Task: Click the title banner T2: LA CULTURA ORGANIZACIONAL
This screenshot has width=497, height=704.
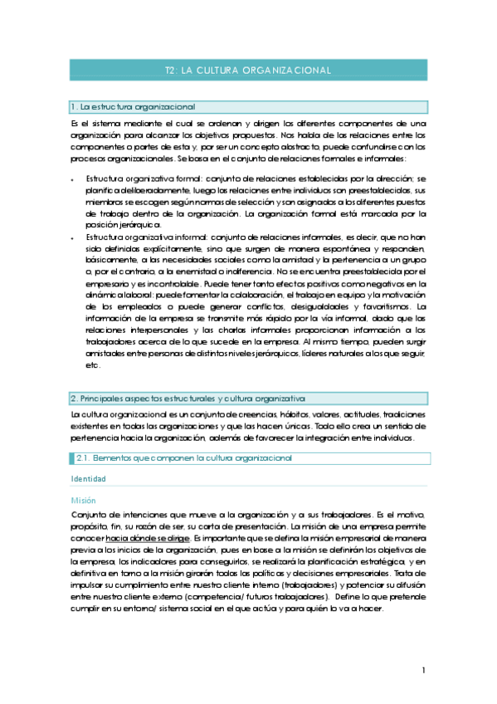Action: point(248,72)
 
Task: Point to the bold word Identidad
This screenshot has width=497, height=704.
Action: point(89,479)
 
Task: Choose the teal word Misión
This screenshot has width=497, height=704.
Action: point(84,501)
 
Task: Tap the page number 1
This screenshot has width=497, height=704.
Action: point(423,670)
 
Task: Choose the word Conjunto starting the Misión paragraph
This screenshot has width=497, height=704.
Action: point(90,515)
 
